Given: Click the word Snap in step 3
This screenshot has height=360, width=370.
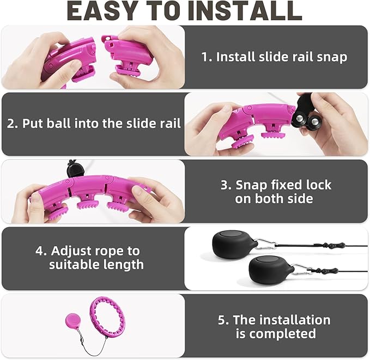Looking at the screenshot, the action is pyautogui.click(x=252, y=186).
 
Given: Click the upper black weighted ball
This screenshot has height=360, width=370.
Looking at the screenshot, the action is pyautogui.click(x=235, y=244).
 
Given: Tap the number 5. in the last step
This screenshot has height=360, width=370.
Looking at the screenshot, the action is pyautogui.click(x=223, y=320).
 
